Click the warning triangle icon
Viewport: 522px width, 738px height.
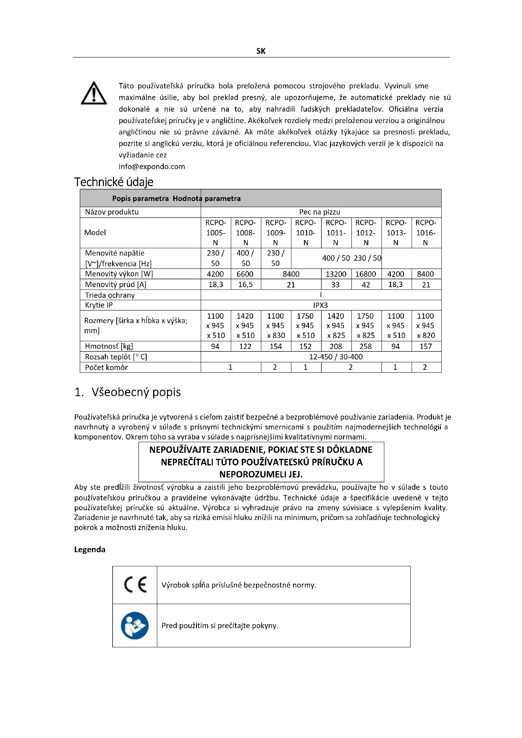point(93,93)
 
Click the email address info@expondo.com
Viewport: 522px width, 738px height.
point(152,167)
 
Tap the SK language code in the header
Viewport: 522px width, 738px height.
point(261,51)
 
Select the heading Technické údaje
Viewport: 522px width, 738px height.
point(114,182)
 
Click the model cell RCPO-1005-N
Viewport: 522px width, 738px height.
point(216,233)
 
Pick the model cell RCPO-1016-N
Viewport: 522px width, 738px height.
point(425,233)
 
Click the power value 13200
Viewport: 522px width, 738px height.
point(336,274)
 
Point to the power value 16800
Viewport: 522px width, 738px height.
point(366,274)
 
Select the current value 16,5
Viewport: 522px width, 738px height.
point(245,285)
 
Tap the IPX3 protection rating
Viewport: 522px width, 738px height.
point(320,305)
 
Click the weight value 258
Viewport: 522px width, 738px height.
point(365,346)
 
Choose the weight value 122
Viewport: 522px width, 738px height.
point(245,346)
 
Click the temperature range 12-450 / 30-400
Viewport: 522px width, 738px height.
point(335,357)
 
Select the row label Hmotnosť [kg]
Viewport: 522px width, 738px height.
point(109,346)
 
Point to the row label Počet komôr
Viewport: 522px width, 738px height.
point(106,367)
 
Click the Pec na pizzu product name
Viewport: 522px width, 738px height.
point(319,212)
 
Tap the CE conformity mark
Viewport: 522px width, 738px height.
point(135,584)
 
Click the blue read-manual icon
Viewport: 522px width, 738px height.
point(135,625)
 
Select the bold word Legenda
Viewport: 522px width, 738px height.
point(90,549)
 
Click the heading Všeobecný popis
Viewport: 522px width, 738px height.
point(136,392)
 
